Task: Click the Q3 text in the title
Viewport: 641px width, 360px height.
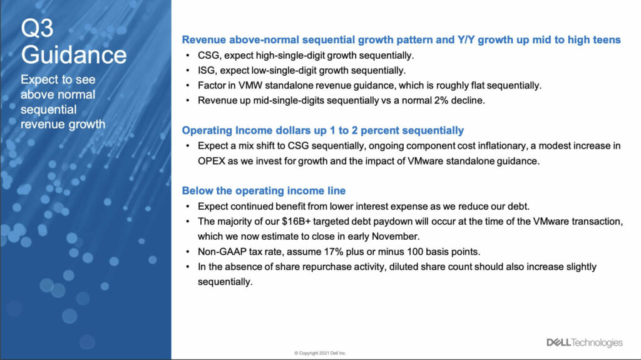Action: pos(37,28)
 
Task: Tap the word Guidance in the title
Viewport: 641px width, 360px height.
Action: pos(74,55)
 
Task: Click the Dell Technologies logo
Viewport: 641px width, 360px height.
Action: pos(585,342)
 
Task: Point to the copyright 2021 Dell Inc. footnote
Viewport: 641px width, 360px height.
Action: pos(320,353)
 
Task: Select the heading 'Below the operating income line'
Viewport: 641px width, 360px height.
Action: pos(264,190)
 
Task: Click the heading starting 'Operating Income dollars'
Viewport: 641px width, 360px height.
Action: pos(322,130)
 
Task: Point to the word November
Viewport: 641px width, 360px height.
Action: pos(399,237)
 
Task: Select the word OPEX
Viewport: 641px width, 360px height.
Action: pos(212,161)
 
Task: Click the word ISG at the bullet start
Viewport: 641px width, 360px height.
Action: pos(207,71)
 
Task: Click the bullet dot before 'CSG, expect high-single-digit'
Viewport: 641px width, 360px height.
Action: pos(188,56)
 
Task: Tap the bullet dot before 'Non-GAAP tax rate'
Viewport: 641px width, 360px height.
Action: pos(188,252)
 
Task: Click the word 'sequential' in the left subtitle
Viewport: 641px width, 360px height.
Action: pos(49,110)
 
